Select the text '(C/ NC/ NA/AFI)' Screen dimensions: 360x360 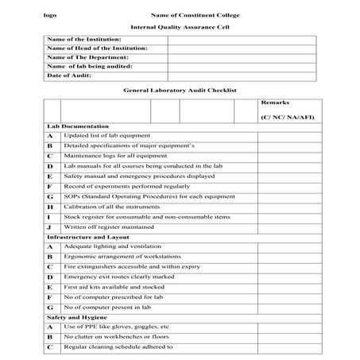pos(287,118)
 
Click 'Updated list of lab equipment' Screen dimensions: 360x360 pos(106,137)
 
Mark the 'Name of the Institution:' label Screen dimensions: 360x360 pos(84,39)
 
